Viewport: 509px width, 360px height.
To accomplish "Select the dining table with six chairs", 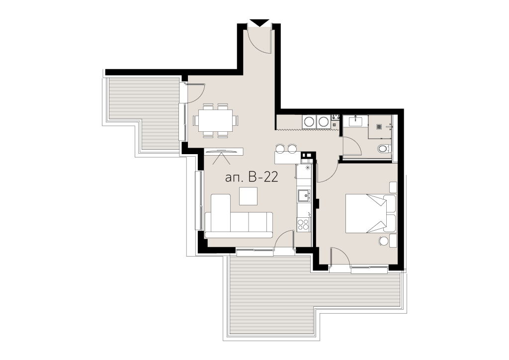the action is coord(216,120).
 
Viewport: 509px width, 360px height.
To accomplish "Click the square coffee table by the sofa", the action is coord(249,196).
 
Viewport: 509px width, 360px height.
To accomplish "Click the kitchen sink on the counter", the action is coord(304,196).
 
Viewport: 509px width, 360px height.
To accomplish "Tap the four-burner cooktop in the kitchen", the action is coord(303,224).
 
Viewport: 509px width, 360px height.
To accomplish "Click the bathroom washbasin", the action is coord(356,121).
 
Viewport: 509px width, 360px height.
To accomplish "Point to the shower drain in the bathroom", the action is coord(379,127).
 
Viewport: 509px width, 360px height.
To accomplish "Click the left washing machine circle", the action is coord(309,122).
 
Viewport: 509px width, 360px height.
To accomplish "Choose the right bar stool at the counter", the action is coord(292,149).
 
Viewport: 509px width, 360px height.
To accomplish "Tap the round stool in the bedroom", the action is coord(384,241).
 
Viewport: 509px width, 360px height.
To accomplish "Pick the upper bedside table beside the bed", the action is coord(393,187).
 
